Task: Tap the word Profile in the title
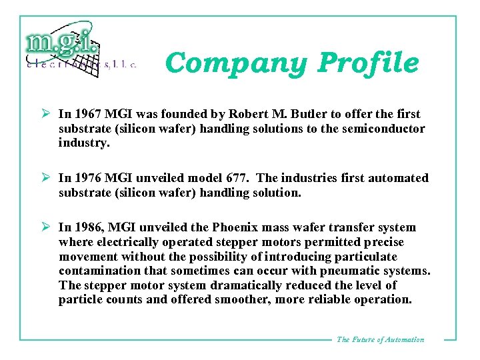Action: [368, 63]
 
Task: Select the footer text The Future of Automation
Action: [380, 340]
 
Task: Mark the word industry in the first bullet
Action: [83, 143]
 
